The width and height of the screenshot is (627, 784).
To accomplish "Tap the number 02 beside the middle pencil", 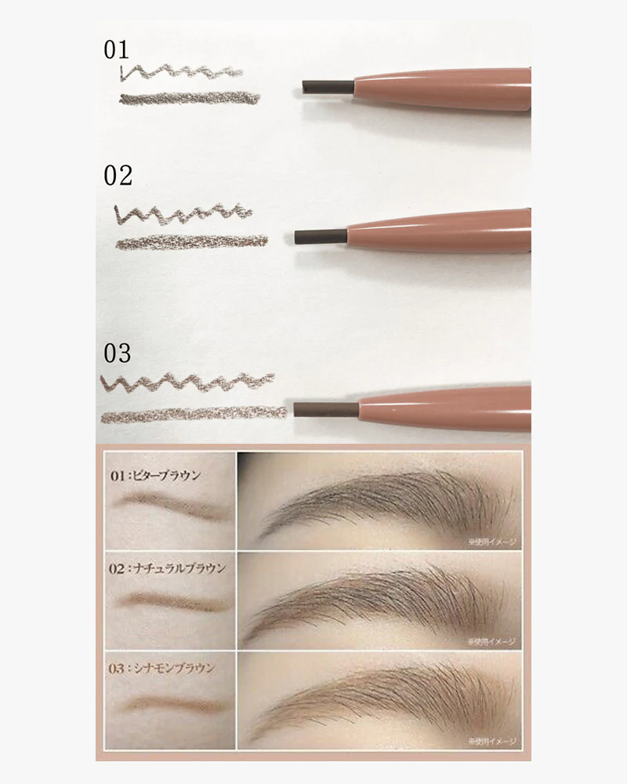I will coord(118,176).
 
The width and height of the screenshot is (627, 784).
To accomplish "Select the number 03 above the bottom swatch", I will coord(117,354).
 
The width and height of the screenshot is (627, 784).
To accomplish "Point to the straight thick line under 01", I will coord(190,98).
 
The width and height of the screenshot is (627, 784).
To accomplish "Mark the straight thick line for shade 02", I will coord(192,241).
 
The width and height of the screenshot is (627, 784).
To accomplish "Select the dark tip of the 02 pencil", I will coord(319,234).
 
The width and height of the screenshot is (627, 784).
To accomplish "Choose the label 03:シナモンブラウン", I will coord(161,669).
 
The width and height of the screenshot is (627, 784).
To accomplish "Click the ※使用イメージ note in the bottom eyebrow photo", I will coord(490,739).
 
